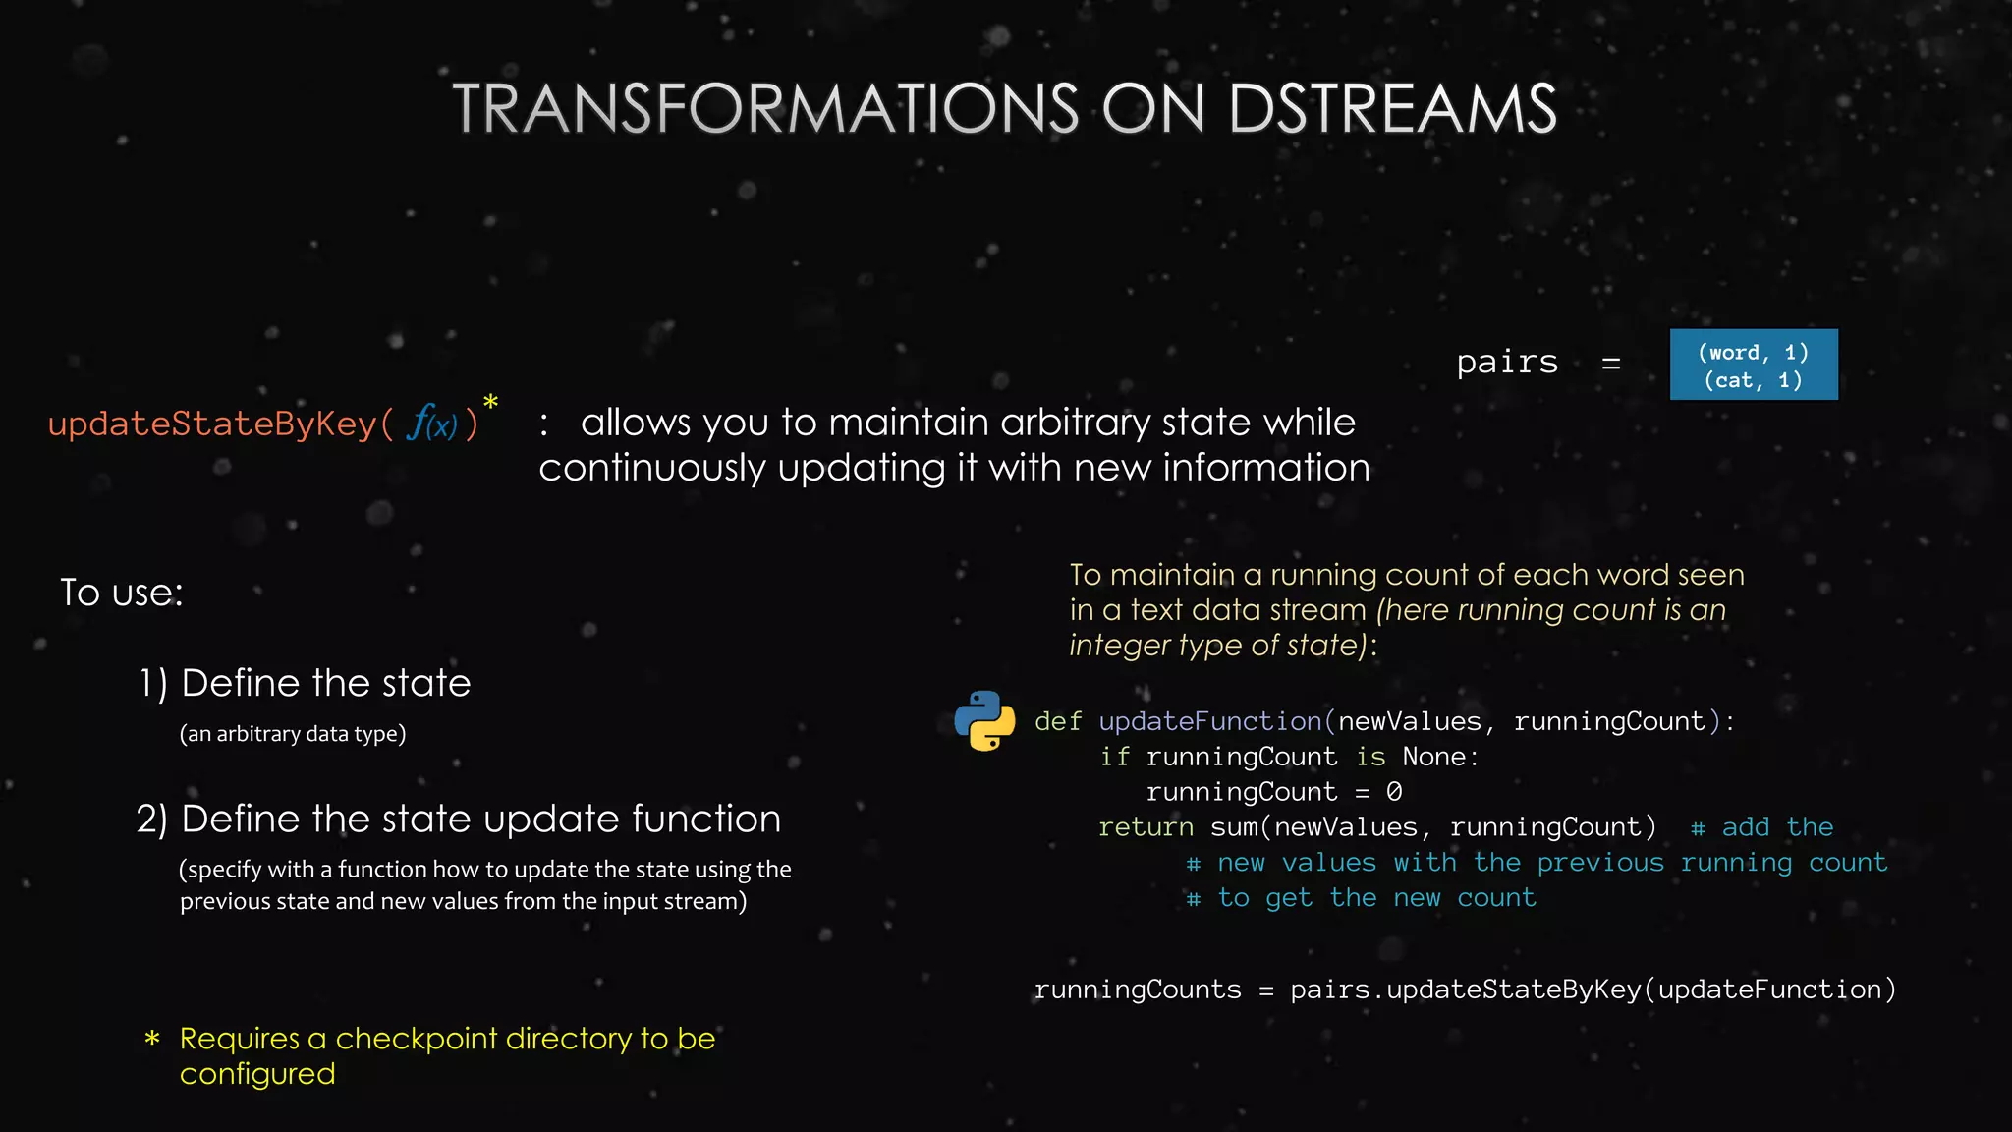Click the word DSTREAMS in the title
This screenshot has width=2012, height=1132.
coord(1392,108)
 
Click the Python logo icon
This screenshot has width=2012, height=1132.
coord(984,721)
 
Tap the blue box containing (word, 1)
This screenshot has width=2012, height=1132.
coord(1754,365)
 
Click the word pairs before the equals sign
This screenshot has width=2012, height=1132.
coord(1507,363)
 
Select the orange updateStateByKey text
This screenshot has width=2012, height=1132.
coord(212,424)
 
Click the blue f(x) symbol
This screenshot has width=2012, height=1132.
coord(432,424)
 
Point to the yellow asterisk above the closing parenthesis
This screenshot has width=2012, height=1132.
coord(490,403)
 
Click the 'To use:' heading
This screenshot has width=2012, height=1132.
coord(122,593)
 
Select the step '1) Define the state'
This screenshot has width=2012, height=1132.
coord(305,683)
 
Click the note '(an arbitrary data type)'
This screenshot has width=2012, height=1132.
coord(293,734)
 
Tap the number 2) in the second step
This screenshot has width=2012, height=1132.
coord(152,820)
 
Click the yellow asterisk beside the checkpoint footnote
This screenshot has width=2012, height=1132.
coord(152,1039)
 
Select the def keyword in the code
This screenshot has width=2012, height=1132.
coord(1058,722)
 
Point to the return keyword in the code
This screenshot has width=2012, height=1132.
coord(1146,827)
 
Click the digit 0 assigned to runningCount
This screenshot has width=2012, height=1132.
coord(1394,792)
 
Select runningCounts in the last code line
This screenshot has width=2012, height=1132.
coord(1138,990)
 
